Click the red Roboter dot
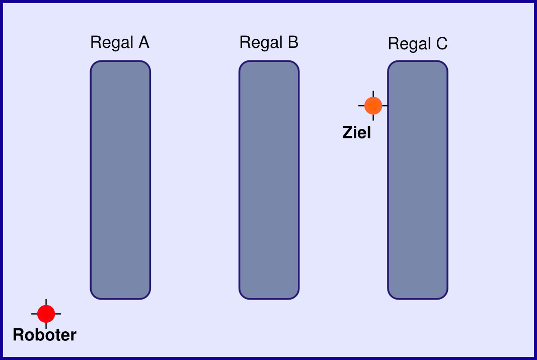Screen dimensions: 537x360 (46, 314)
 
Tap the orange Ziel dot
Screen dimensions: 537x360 (373, 106)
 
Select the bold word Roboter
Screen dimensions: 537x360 (44, 335)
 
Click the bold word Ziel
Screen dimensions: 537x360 (356, 132)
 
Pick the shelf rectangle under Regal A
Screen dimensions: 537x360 (120, 180)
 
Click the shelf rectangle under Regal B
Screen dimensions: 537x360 (269, 180)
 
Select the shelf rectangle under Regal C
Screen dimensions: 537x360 (418, 180)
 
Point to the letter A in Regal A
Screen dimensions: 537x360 (144, 42)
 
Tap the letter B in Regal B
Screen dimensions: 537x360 (293, 42)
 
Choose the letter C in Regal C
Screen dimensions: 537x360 (441, 43)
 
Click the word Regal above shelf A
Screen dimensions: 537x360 (112, 43)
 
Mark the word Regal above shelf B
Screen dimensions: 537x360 (261, 43)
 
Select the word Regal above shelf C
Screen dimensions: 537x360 (409, 44)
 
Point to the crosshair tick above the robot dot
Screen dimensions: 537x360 (46, 302)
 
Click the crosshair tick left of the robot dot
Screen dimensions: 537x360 (34, 314)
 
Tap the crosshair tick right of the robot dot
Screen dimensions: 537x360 (58, 314)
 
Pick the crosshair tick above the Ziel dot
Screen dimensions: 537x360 (373, 94)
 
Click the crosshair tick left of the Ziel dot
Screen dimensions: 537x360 (361, 106)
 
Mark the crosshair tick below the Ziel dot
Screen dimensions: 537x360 (373, 117)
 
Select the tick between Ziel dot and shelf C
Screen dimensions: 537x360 (385, 106)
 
